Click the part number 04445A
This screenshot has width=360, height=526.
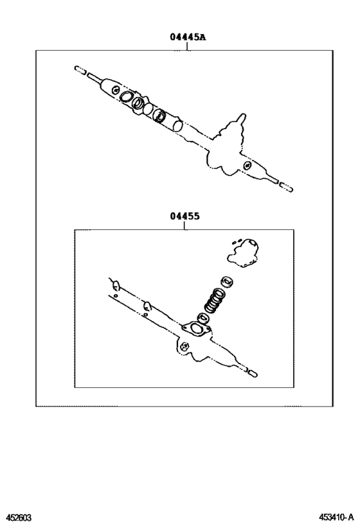(x=188, y=37)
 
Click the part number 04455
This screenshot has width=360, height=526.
(x=185, y=216)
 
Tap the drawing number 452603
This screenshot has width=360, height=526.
(x=19, y=517)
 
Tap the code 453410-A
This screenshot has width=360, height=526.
(x=335, y=517)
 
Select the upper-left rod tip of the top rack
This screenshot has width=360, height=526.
(x=79, y=69)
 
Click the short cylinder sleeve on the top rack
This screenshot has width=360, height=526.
(x=175, y=122)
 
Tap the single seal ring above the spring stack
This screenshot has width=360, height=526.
(x=226, y=282)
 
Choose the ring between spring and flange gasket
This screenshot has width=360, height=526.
(x=203, y=318)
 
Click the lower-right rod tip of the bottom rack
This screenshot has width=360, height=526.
(x=253, y=372)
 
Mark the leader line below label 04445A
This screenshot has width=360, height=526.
(x=188, y=46)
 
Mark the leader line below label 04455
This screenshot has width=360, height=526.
(x=185, y=225)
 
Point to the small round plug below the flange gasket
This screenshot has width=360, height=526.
(x=185, y=347)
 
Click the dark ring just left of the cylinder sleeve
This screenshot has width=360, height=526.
(x=159, y=116)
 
